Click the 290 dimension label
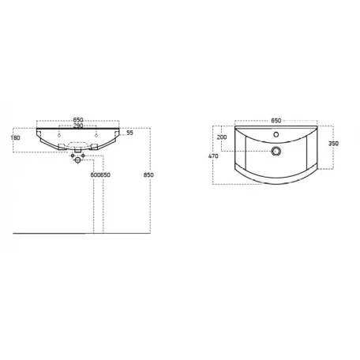[x=78, y=126]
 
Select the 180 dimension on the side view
[x=16, y=137]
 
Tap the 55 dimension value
[x=129, y=133]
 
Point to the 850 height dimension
[x=148, y=174]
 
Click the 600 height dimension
[x=96, y=175]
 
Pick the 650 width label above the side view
[x=78, y=120]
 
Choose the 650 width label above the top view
[x=276, y=121]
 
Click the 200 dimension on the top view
[x=222, y=137]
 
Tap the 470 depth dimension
[x=213, y=156]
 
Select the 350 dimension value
[x=333, y=144]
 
